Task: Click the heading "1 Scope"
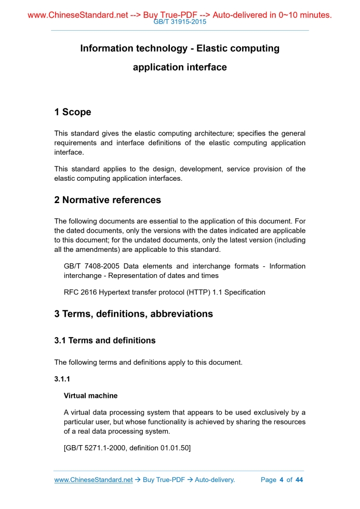[73, 112]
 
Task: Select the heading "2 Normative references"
[108, 200]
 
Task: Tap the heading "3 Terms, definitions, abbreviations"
[134, 314]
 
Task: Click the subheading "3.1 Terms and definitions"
[105, 341]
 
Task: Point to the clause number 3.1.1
[62, 379]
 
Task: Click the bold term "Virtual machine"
[90, 396]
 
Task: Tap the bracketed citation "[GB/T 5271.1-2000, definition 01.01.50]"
[127, 448]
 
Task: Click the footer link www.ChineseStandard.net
[94, 479]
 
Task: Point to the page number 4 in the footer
[281, 479]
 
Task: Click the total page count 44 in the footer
[299, 479]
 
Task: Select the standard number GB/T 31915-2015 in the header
[180, 22]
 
